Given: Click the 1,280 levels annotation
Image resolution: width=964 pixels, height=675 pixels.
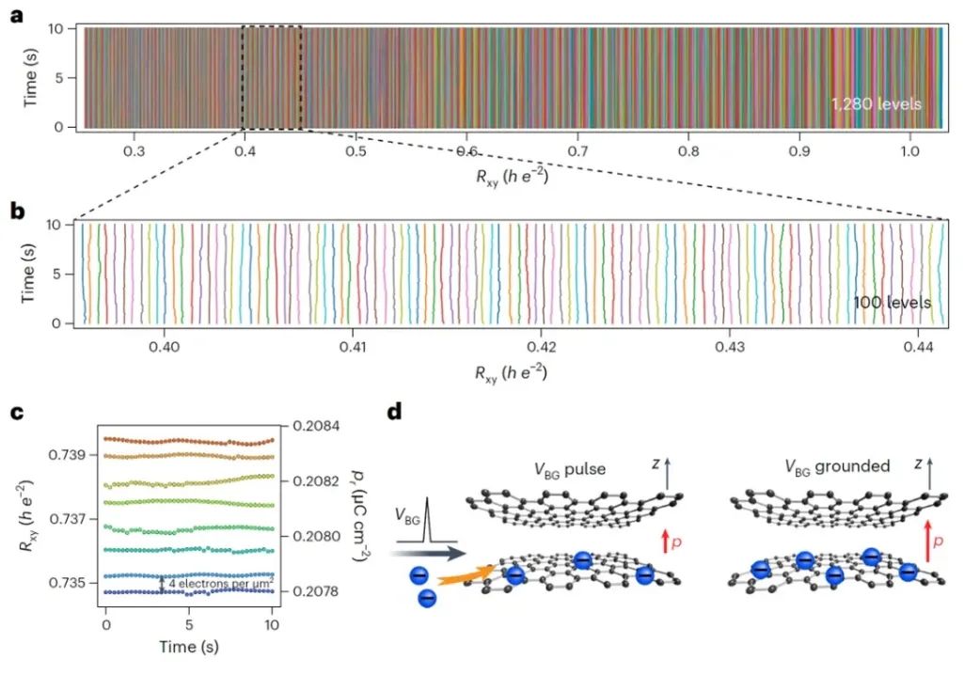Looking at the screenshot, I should tap(875, 104).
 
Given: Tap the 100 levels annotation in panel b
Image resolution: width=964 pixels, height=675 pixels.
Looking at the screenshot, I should tap(892, 303).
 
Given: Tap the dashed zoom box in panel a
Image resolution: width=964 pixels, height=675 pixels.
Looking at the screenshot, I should tap(272, 77).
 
